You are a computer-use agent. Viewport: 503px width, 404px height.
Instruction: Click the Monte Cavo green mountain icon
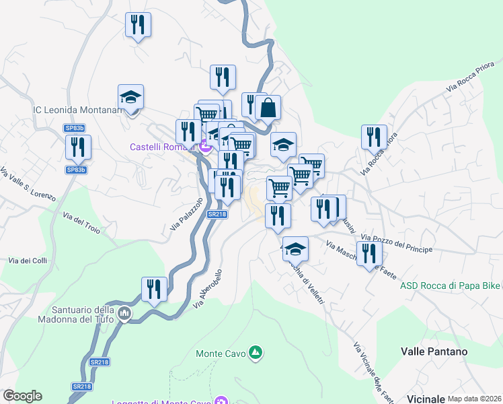pos(255,352)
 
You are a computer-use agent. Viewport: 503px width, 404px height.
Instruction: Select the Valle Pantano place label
pos(434,351)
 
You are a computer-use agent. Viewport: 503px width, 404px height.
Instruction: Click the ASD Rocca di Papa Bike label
pos(450,285)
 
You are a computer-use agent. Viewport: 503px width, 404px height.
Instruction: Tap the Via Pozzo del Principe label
pos(396,244)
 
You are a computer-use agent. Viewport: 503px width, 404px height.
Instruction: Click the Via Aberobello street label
pos(208,289)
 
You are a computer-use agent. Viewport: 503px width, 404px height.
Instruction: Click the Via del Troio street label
pos(81,223)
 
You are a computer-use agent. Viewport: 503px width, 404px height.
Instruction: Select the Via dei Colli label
pos(28,261)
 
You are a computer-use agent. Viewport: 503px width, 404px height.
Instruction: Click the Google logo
pos(22,396)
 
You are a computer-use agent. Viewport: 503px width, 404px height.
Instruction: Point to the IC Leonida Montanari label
pos(77,110)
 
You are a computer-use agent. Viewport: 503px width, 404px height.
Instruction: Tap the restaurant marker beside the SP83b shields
pos(79,147)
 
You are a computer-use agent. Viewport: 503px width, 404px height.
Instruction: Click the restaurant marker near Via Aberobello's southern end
pos(155,290)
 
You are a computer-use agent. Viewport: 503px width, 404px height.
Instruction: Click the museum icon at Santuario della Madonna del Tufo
pos(124,314)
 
